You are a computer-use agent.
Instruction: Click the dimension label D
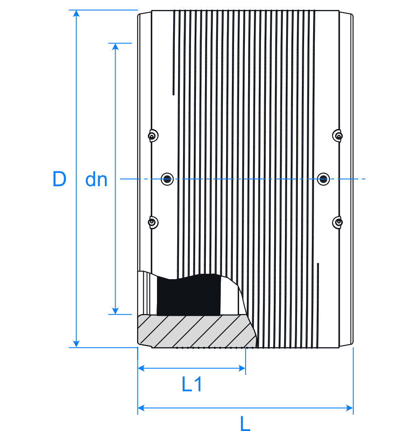[60, 179]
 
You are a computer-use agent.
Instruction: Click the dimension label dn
[96, 180]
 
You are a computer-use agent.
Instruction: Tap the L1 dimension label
[192, 385]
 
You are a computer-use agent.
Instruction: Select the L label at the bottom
[245, 424]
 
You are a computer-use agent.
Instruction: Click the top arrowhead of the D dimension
[76, 13]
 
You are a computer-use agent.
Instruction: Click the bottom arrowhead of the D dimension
[76, 344]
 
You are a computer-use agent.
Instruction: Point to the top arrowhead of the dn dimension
[116, 46]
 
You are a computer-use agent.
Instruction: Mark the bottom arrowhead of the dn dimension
[116, 311]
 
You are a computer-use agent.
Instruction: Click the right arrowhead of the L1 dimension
[242, 368]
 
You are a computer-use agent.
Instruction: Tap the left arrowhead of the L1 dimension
[141, 368]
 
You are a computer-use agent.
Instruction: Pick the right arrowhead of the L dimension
[350, 408]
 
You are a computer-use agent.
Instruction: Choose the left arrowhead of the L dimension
[141, 408]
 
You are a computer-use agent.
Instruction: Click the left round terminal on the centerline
[167, 179]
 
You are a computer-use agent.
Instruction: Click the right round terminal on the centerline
[323, 179]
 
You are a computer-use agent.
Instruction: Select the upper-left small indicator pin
[153, 136]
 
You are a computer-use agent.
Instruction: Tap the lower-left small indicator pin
[153, 222]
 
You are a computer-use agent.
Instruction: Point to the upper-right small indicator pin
[338, 136]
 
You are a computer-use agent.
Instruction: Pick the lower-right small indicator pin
[338, 222]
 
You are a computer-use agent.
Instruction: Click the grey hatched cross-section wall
[195, 331]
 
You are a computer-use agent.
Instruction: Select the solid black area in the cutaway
[188, 295]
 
